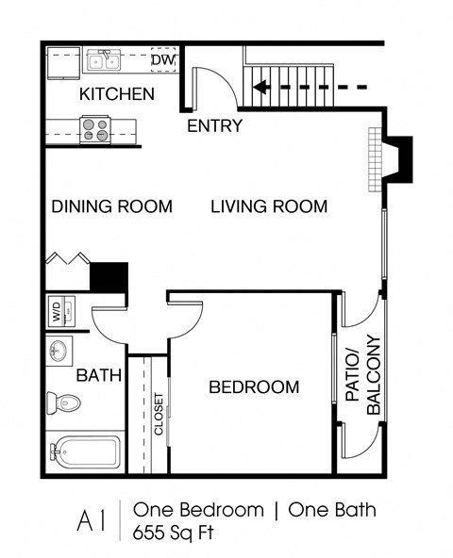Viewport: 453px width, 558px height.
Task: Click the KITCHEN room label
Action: [x=116, y=94]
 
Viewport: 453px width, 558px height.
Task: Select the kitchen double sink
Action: [x=102, y=61]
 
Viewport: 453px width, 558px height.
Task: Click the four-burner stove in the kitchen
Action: [x=94, y=128]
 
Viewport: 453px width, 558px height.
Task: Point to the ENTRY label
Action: [x=214, y=125]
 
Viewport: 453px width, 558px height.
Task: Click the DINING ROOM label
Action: [x=111, y=206]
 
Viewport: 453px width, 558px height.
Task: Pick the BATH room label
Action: [x=99, y=375]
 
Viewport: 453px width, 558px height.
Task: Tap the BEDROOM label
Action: [x=253, y=386]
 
